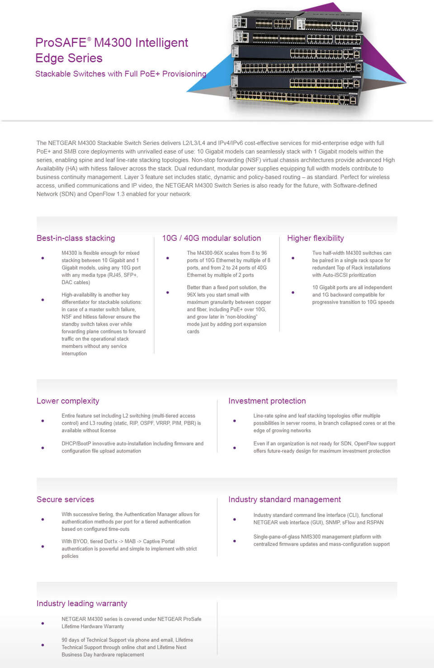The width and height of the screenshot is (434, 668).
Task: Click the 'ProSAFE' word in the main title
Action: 61,43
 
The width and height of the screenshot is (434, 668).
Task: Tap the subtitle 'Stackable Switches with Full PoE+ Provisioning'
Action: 121,74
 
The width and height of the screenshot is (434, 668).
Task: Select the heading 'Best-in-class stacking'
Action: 75,238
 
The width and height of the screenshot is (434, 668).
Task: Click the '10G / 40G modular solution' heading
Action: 212,238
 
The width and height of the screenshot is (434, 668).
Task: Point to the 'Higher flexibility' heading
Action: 316,238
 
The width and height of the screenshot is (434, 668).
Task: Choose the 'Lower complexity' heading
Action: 68,401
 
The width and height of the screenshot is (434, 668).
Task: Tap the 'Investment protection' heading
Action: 267,401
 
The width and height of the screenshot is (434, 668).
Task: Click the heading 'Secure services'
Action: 65,499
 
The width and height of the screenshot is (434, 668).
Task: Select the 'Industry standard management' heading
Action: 284,499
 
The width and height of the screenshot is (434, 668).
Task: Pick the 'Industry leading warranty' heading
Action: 82,603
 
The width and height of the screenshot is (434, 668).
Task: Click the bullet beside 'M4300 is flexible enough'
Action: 43,258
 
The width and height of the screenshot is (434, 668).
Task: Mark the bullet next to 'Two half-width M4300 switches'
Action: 293,258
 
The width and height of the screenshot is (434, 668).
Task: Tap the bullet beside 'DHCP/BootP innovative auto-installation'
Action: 43,448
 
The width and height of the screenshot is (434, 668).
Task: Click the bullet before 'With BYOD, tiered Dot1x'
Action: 43,547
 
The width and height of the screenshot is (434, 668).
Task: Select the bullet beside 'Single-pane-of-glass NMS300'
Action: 234,541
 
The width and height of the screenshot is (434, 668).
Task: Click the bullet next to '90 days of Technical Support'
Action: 43,645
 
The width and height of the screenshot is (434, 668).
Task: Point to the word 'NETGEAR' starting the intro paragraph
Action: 61,143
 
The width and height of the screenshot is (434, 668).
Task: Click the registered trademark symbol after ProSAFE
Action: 89,39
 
